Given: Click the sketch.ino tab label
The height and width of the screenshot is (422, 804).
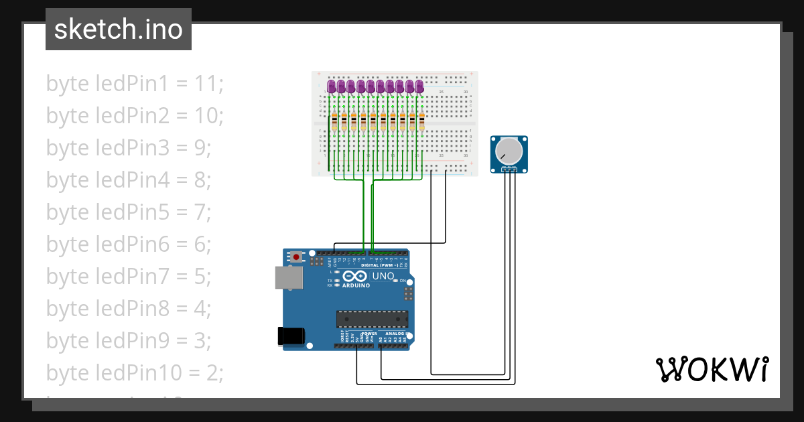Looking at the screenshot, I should (x=118, y=30).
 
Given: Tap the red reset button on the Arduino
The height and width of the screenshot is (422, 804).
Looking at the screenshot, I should (x=296, y=257).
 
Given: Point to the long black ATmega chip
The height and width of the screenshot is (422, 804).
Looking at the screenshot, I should (x=371, y=320).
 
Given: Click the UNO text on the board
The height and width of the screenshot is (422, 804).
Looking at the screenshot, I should (x=383, y=276).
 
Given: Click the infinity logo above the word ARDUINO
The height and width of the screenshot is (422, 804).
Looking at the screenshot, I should (x=355, y=276).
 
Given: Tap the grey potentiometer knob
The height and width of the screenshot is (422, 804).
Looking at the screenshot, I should (x=509, y=151).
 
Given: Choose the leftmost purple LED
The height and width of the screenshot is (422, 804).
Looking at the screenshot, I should (x=332, y=86).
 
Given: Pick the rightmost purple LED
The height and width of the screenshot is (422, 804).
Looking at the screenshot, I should (x=419, y=86).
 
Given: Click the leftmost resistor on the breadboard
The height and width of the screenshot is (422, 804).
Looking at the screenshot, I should (x=334, y=122).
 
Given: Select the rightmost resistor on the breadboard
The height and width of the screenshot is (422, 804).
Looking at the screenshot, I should (x=422, y=122).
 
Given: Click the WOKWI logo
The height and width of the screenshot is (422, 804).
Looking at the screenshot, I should (x=712, y=369).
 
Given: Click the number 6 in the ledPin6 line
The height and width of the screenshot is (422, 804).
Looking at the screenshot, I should (x=202, y=244).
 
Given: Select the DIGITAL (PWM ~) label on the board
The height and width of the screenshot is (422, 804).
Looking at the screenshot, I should (x=379, y=265).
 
